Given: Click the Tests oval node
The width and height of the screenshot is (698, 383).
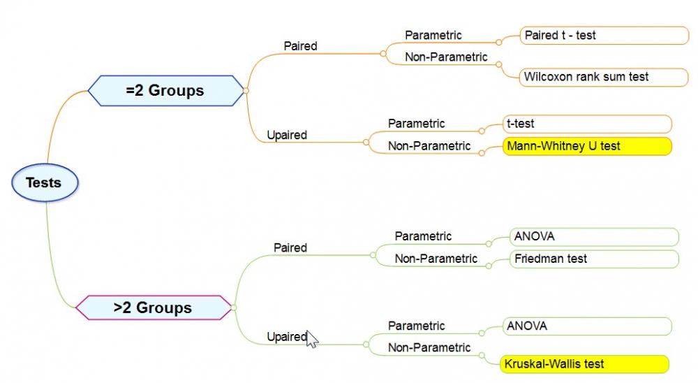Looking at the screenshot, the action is [45, 183].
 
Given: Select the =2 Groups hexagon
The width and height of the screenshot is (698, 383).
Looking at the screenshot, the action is [165, 91].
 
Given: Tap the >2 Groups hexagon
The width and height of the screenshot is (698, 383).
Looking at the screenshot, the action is [154, 308].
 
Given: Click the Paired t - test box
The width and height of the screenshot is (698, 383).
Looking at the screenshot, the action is [604, 36].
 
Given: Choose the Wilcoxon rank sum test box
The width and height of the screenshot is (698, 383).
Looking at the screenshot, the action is [604, 77].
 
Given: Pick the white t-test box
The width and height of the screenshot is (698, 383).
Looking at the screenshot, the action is [587, 124].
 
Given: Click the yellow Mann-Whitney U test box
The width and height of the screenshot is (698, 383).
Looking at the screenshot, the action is [587, 146].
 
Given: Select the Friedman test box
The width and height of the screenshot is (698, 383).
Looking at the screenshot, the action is [594, 259].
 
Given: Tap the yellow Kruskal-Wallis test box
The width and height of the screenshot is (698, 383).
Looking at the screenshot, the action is [584, 364].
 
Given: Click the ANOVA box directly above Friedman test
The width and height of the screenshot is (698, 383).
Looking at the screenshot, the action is [594, 237].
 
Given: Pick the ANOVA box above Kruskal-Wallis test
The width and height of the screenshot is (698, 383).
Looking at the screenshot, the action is [587, 326].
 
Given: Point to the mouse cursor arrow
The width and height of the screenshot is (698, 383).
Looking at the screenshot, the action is [312, 339].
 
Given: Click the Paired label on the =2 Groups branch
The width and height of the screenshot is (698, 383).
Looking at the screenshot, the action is [300, 46].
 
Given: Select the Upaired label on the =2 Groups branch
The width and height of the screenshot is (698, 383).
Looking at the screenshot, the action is [287, 135].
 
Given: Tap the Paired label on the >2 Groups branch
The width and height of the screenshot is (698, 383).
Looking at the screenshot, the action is [290, 248].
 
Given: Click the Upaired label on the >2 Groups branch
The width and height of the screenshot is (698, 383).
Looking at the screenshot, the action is [287, 337].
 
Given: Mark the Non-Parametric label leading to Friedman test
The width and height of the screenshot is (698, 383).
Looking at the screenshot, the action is [436, 259].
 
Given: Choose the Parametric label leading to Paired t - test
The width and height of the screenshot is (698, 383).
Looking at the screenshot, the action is [433, 35].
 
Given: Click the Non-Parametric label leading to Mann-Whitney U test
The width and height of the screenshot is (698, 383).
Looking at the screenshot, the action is [429, 146].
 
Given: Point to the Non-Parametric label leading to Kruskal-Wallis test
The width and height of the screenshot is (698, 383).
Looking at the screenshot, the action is [429, 348].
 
